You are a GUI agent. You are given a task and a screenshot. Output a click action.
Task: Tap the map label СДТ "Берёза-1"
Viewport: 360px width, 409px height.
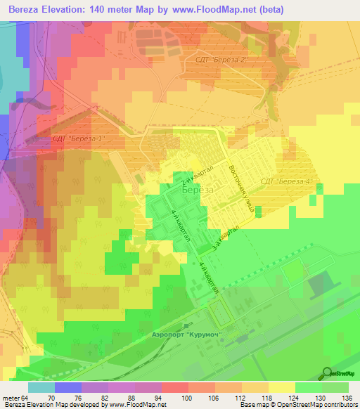[78, 138]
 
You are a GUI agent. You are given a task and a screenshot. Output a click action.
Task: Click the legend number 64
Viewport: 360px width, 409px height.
[24, 397]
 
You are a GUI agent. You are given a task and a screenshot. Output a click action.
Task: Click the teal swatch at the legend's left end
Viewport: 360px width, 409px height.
[41, 387]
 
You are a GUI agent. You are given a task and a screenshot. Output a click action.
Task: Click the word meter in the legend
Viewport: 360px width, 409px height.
[10, 397]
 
